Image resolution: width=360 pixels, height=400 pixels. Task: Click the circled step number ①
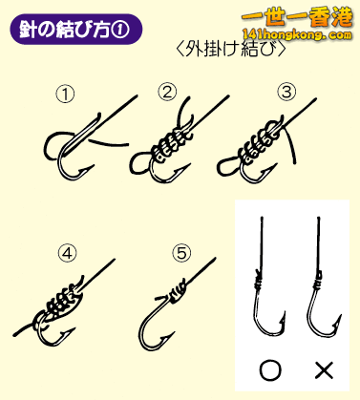tap(66, 94)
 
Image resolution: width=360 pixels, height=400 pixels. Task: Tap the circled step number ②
tap(168, 94)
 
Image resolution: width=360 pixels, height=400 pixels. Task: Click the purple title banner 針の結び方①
tap(75, 28)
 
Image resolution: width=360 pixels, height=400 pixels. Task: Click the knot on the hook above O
tap(262, 280)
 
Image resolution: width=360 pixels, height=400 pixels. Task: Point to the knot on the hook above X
tap(318, 281)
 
